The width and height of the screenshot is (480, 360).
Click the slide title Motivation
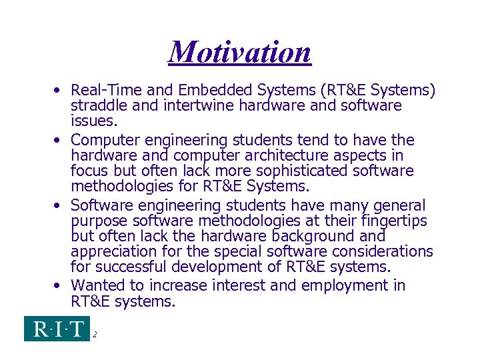point(240,52)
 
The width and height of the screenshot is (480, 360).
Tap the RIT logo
point(57,329)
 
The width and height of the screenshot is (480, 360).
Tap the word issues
point(93,121)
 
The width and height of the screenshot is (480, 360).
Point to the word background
point(309,236)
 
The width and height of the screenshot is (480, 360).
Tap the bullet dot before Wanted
point(59,285)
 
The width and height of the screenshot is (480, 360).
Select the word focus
point(91,171)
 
